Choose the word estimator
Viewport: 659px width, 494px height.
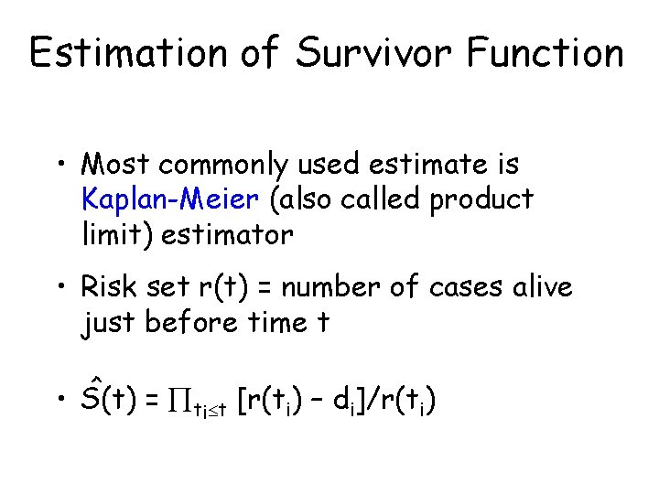point(227,234)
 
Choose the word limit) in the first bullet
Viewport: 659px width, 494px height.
point(117,234)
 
